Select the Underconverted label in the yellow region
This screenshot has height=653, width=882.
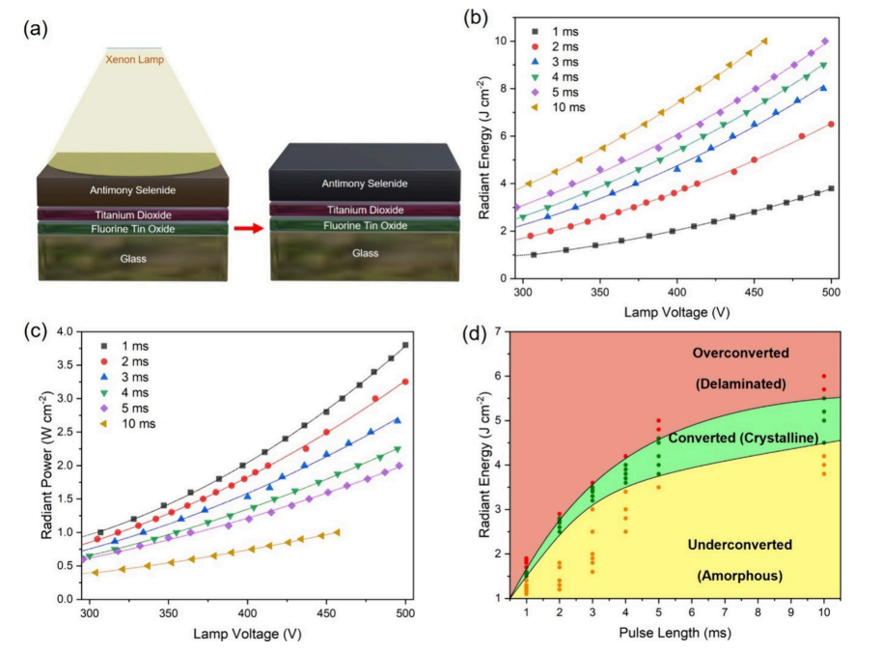(x=740, y=545)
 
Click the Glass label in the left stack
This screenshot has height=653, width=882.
(x=132, y=257)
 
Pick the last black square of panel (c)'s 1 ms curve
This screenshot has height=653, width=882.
(x=405, y=345)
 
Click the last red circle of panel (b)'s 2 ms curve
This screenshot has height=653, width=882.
(x=831, y=124)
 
